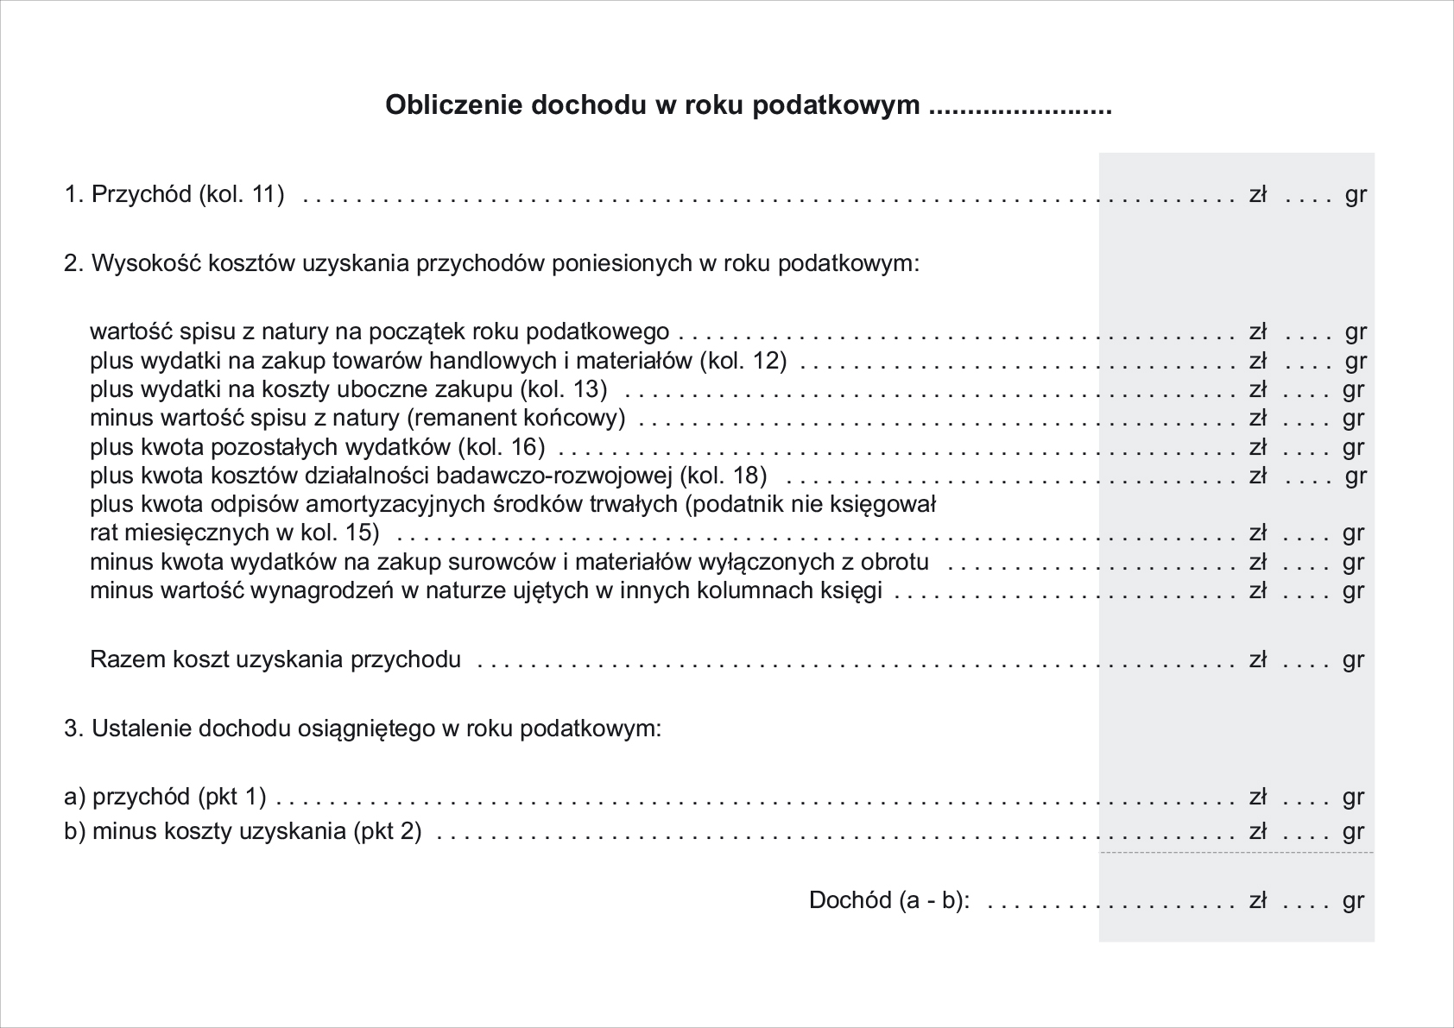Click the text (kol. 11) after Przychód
pos(242,194)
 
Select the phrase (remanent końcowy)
pos(515,419)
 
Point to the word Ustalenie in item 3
pos(142,729)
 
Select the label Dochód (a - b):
pos(889,901)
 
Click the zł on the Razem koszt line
pos(1257,660)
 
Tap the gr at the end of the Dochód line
pos(1353,901)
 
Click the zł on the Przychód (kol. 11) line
pos(1257,194)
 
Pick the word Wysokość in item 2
pos(137,263)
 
